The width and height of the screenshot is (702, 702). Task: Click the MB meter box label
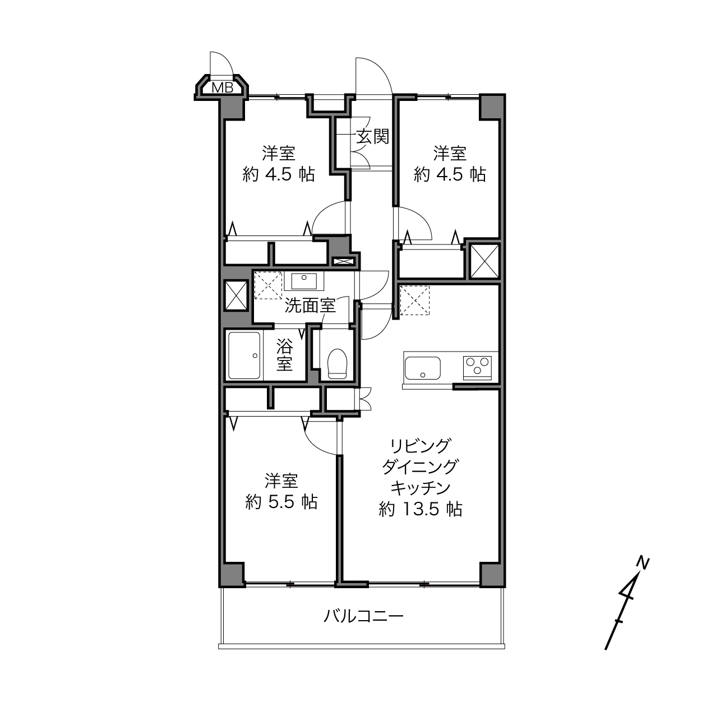coord(222,87)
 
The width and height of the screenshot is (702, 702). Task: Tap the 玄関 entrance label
coord(372,137)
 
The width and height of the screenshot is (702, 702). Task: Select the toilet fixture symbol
coord(338,364)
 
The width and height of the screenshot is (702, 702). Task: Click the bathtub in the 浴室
coord(244,355)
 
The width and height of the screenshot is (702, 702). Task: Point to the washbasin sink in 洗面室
coord(304,281)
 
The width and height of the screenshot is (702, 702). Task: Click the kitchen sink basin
coord(423,368)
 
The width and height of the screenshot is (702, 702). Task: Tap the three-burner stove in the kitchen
coord(477,368)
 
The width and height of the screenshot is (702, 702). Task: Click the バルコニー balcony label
coord(363,616)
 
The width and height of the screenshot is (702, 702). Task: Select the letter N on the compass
coord(643,562)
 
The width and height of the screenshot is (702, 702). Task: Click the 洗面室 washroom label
coord(310,305)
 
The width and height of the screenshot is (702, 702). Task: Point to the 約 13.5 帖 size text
coord(421,509)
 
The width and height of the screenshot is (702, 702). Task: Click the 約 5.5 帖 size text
coord(281,502)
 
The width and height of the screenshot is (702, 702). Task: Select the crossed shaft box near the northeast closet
coord(484,261)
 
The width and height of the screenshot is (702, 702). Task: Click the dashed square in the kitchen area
coord(414,301)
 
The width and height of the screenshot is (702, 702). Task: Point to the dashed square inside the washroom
coord(268,285)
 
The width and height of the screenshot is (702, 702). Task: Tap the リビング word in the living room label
coord(421,446)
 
